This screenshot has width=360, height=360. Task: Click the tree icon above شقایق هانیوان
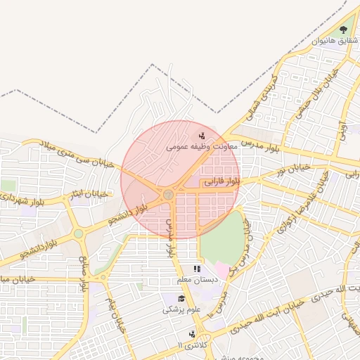point(343,30)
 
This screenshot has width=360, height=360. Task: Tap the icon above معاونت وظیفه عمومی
point(202,136)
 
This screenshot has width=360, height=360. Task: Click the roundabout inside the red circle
point(168,194)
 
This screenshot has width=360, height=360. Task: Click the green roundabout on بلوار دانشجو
point(78,233)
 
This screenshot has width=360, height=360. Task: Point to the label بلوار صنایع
point(84,276)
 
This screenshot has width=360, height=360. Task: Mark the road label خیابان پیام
point(115,315)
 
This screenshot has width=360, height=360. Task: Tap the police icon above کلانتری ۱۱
point(191,334)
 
